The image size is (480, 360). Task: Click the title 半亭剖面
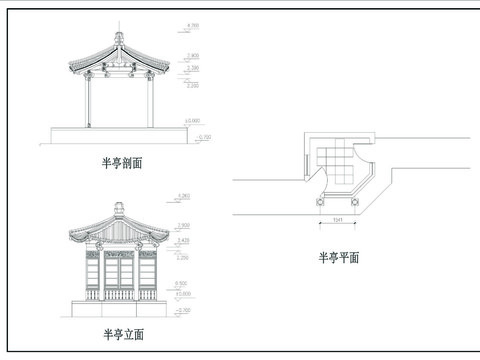pyautogui.click(x=121, y=162)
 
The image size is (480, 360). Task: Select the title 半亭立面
pyautogui.click(x=121, y=332)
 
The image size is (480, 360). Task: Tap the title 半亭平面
pyautogui.click(x=339, y=257)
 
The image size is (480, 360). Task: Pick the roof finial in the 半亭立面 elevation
pyautogui.click(x=118, y=209)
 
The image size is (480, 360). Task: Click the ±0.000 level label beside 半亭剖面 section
pyautogui.click(x=190, y=121)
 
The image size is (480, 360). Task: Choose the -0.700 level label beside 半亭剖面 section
pyautogui.click(x=205, y=135)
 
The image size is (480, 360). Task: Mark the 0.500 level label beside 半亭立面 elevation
pyautogui.click(x=183, y=284)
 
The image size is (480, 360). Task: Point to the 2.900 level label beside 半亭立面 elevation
pyautogui.click(x=183, y=226)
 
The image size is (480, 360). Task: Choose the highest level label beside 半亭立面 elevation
pyautogui.click(x=183, y=194)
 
